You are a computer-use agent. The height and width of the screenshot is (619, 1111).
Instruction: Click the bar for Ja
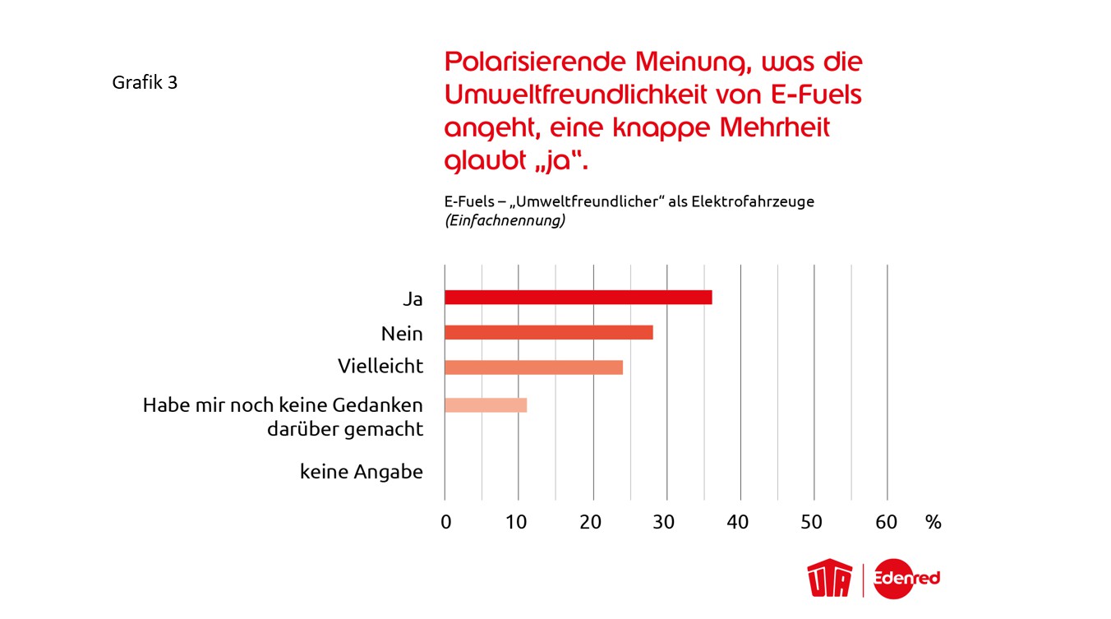(x=578, y=298)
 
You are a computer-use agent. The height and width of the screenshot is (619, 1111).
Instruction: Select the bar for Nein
(x=548, y=332)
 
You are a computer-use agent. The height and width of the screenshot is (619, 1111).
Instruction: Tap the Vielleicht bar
(x=533, y=367)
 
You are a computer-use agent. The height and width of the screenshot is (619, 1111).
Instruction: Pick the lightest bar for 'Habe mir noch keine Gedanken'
(x=485, y=405)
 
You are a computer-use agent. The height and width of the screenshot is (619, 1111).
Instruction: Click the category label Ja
(x=413, y=299)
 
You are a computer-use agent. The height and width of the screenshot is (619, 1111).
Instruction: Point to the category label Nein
(x=402, y=334)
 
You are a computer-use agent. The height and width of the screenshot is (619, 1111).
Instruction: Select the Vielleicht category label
(x=380, y=367)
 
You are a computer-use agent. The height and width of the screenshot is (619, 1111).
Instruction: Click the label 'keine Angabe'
(x=362, y=473)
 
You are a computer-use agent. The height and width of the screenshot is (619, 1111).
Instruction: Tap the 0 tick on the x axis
(x=445, y=522)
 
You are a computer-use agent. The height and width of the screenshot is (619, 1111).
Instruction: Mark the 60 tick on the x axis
(x=887, y=522)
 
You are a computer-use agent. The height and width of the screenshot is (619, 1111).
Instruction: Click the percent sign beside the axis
(x=933, y=522)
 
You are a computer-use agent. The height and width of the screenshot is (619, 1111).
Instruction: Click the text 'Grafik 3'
(x=145, y=83)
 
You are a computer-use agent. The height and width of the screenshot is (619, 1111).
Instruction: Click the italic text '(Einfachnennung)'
(x=504, y=221)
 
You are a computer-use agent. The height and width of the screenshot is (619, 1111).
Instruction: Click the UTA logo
(x=831, y=579)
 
